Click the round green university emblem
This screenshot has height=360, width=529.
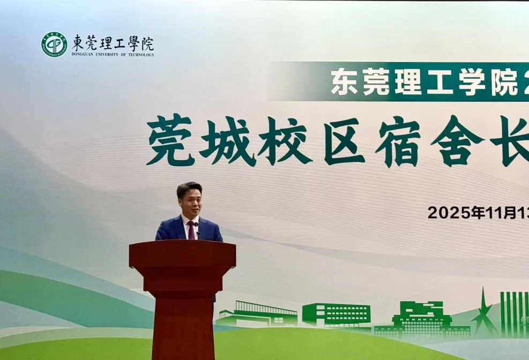click(55, 44)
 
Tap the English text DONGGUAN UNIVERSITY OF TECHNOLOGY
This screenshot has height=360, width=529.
click(113, 55)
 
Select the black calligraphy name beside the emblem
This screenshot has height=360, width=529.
click(113, 42)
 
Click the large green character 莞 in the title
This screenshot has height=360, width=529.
click(170, 140)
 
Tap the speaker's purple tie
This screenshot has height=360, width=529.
click(191, 230)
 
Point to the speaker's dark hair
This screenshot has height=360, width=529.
click(189, 188)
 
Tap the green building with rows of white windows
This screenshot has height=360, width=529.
click(336, 315)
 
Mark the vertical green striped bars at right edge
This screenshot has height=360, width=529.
click(513, 313)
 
